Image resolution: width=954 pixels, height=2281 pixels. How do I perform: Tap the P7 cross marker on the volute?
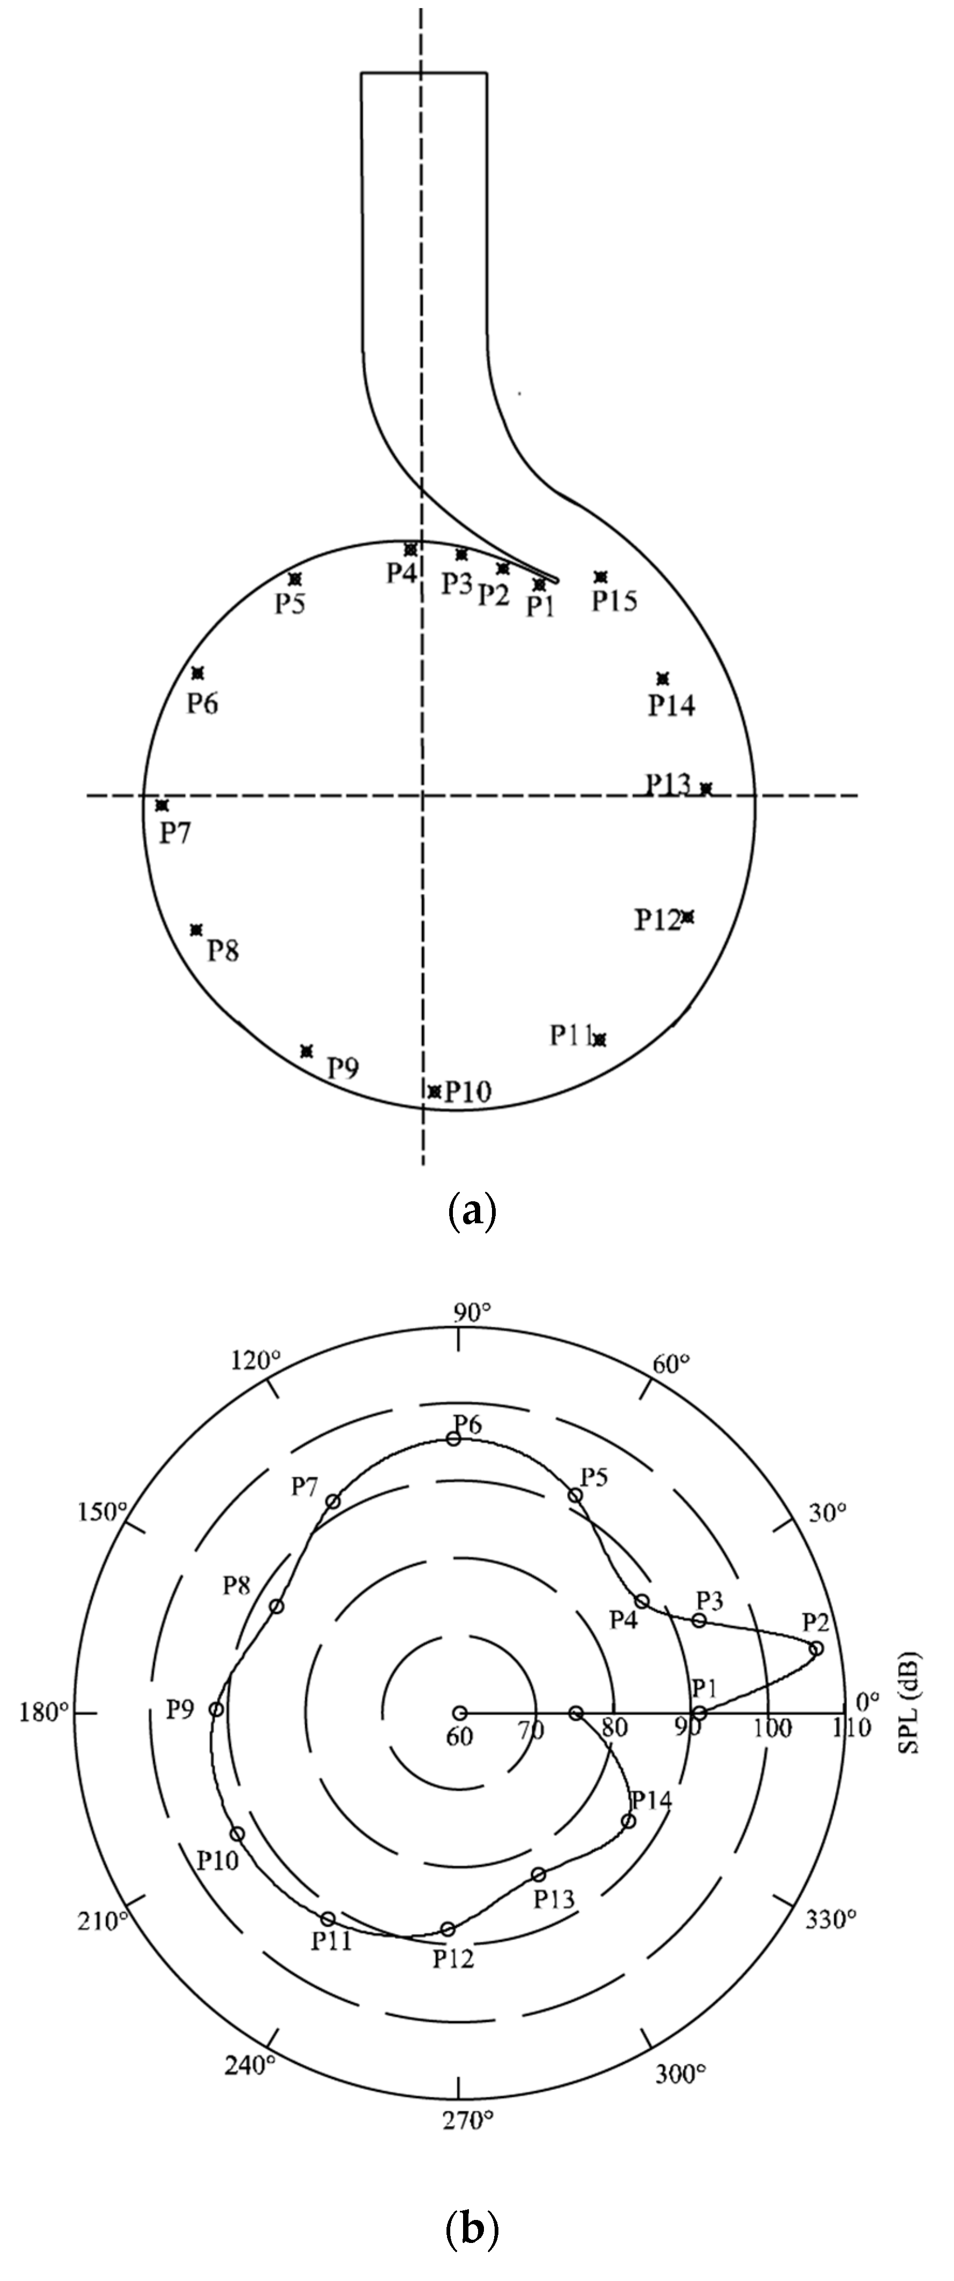(x=161, y=805)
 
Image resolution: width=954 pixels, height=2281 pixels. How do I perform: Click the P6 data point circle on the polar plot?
(x=453, y=1439)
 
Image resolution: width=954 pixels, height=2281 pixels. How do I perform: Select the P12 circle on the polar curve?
(x=448, y=1929)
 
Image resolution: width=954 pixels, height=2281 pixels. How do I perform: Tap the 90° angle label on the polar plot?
(x=472, y=1312)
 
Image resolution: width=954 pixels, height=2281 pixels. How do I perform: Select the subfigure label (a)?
(x=473, y=1209)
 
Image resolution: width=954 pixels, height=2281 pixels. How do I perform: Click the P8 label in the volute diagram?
(x=223, y=951)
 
